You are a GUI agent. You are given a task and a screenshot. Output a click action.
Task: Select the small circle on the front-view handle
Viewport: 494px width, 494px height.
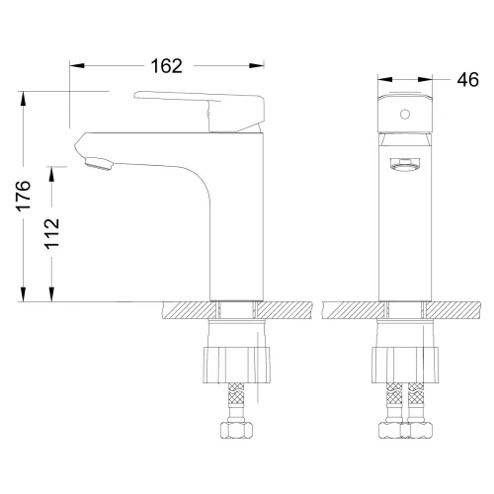click(x=403, y=115)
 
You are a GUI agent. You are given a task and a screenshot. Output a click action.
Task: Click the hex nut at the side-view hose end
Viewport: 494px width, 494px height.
click(x=237, y=433)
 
